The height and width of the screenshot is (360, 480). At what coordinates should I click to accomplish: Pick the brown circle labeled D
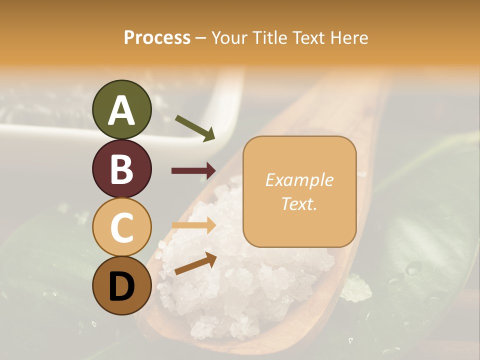122,286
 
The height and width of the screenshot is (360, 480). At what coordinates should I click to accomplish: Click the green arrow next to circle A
195,128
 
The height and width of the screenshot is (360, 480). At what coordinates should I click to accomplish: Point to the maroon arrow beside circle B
193,171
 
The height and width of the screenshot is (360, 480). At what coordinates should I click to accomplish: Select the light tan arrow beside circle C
193,225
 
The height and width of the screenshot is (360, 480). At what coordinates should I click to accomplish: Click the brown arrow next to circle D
195,263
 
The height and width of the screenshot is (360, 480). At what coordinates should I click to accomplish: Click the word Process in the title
157,37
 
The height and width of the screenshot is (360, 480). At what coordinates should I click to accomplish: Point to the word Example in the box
299,180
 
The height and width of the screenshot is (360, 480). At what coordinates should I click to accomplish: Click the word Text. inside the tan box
299,203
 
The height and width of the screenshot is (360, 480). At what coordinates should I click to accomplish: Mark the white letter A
122,110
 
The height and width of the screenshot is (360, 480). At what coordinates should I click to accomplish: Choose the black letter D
122,286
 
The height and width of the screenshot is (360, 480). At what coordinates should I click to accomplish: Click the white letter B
122,169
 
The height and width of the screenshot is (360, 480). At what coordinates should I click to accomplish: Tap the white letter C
122,227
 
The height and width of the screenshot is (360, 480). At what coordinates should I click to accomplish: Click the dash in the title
201,38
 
